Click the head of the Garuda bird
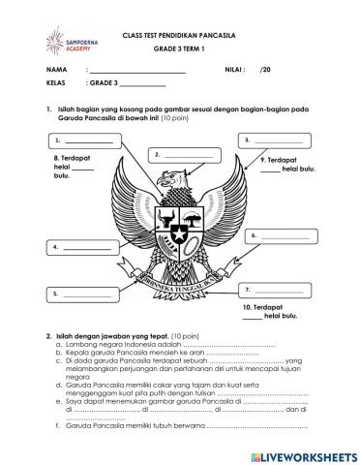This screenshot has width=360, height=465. [x=175, y=180]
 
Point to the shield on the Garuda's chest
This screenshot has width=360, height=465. [x=179, y=231]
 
